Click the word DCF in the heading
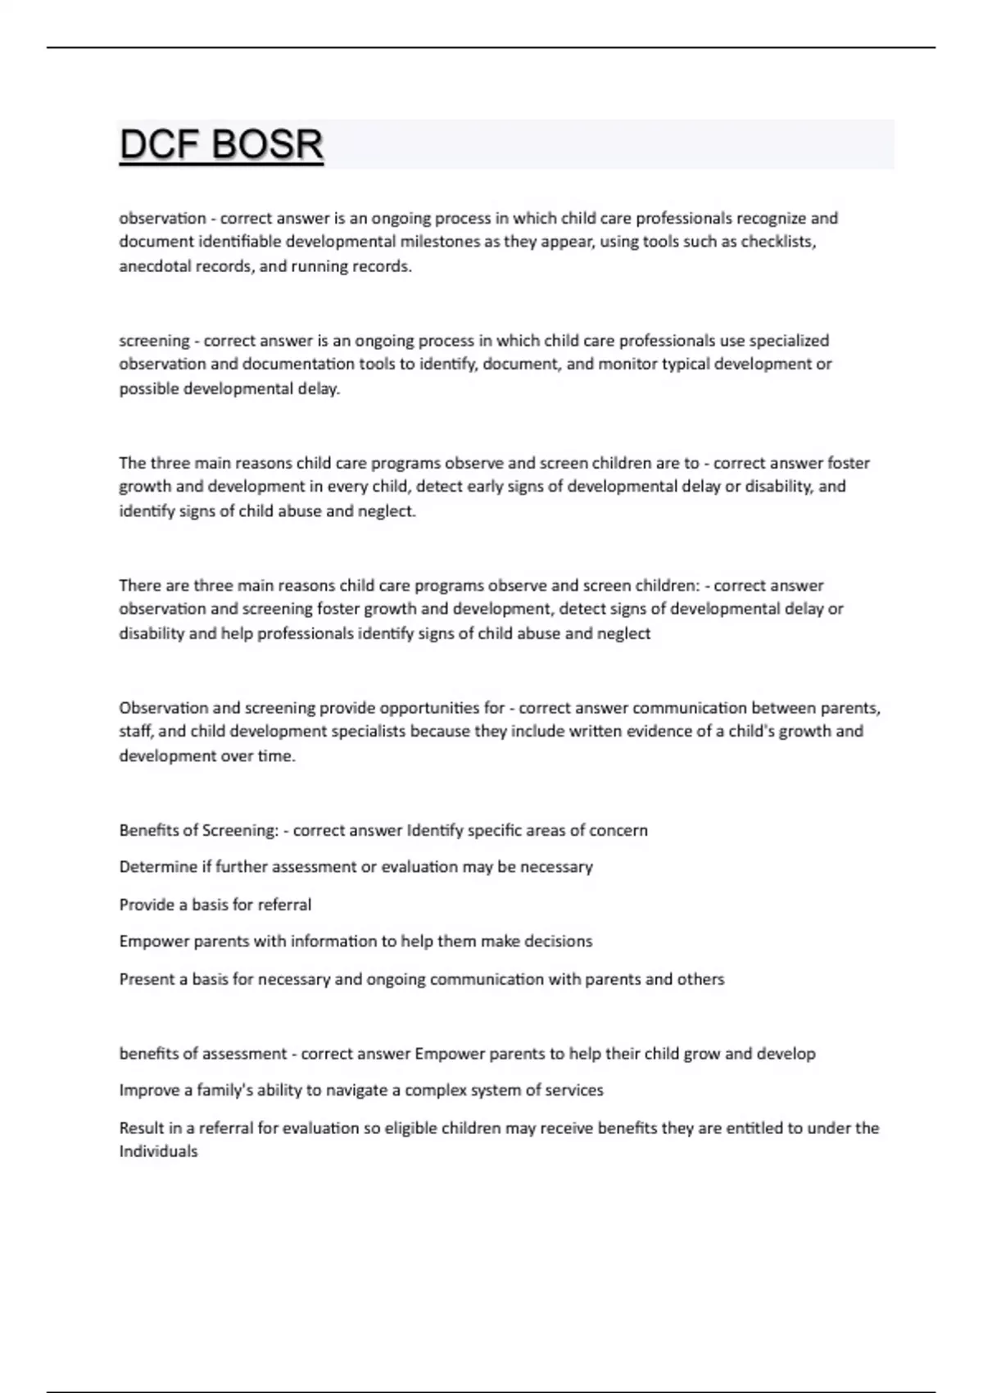pyautogui.click(x=161, y=145)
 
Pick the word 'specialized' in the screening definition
pyautogui.click(x=790, y=340)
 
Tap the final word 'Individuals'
pyautogui.click(x=158, y=1151)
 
